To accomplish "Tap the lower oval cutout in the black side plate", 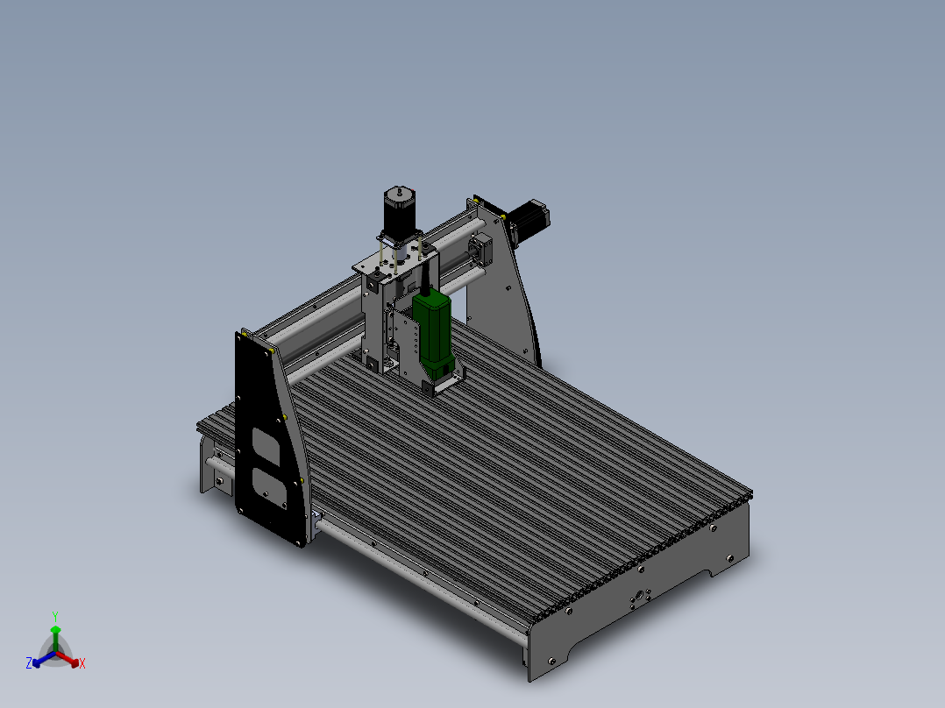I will [267, 486].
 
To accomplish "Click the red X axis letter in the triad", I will [82, 664].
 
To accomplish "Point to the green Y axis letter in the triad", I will [55, 615].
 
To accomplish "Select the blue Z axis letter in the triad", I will [29, 663].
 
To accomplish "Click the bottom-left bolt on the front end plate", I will [550, 660].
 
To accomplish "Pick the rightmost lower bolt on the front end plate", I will [729, 556].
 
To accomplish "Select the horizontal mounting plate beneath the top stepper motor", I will [394, 261].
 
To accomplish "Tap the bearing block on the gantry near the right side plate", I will [481, 247].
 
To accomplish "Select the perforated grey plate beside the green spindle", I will [404, 343].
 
